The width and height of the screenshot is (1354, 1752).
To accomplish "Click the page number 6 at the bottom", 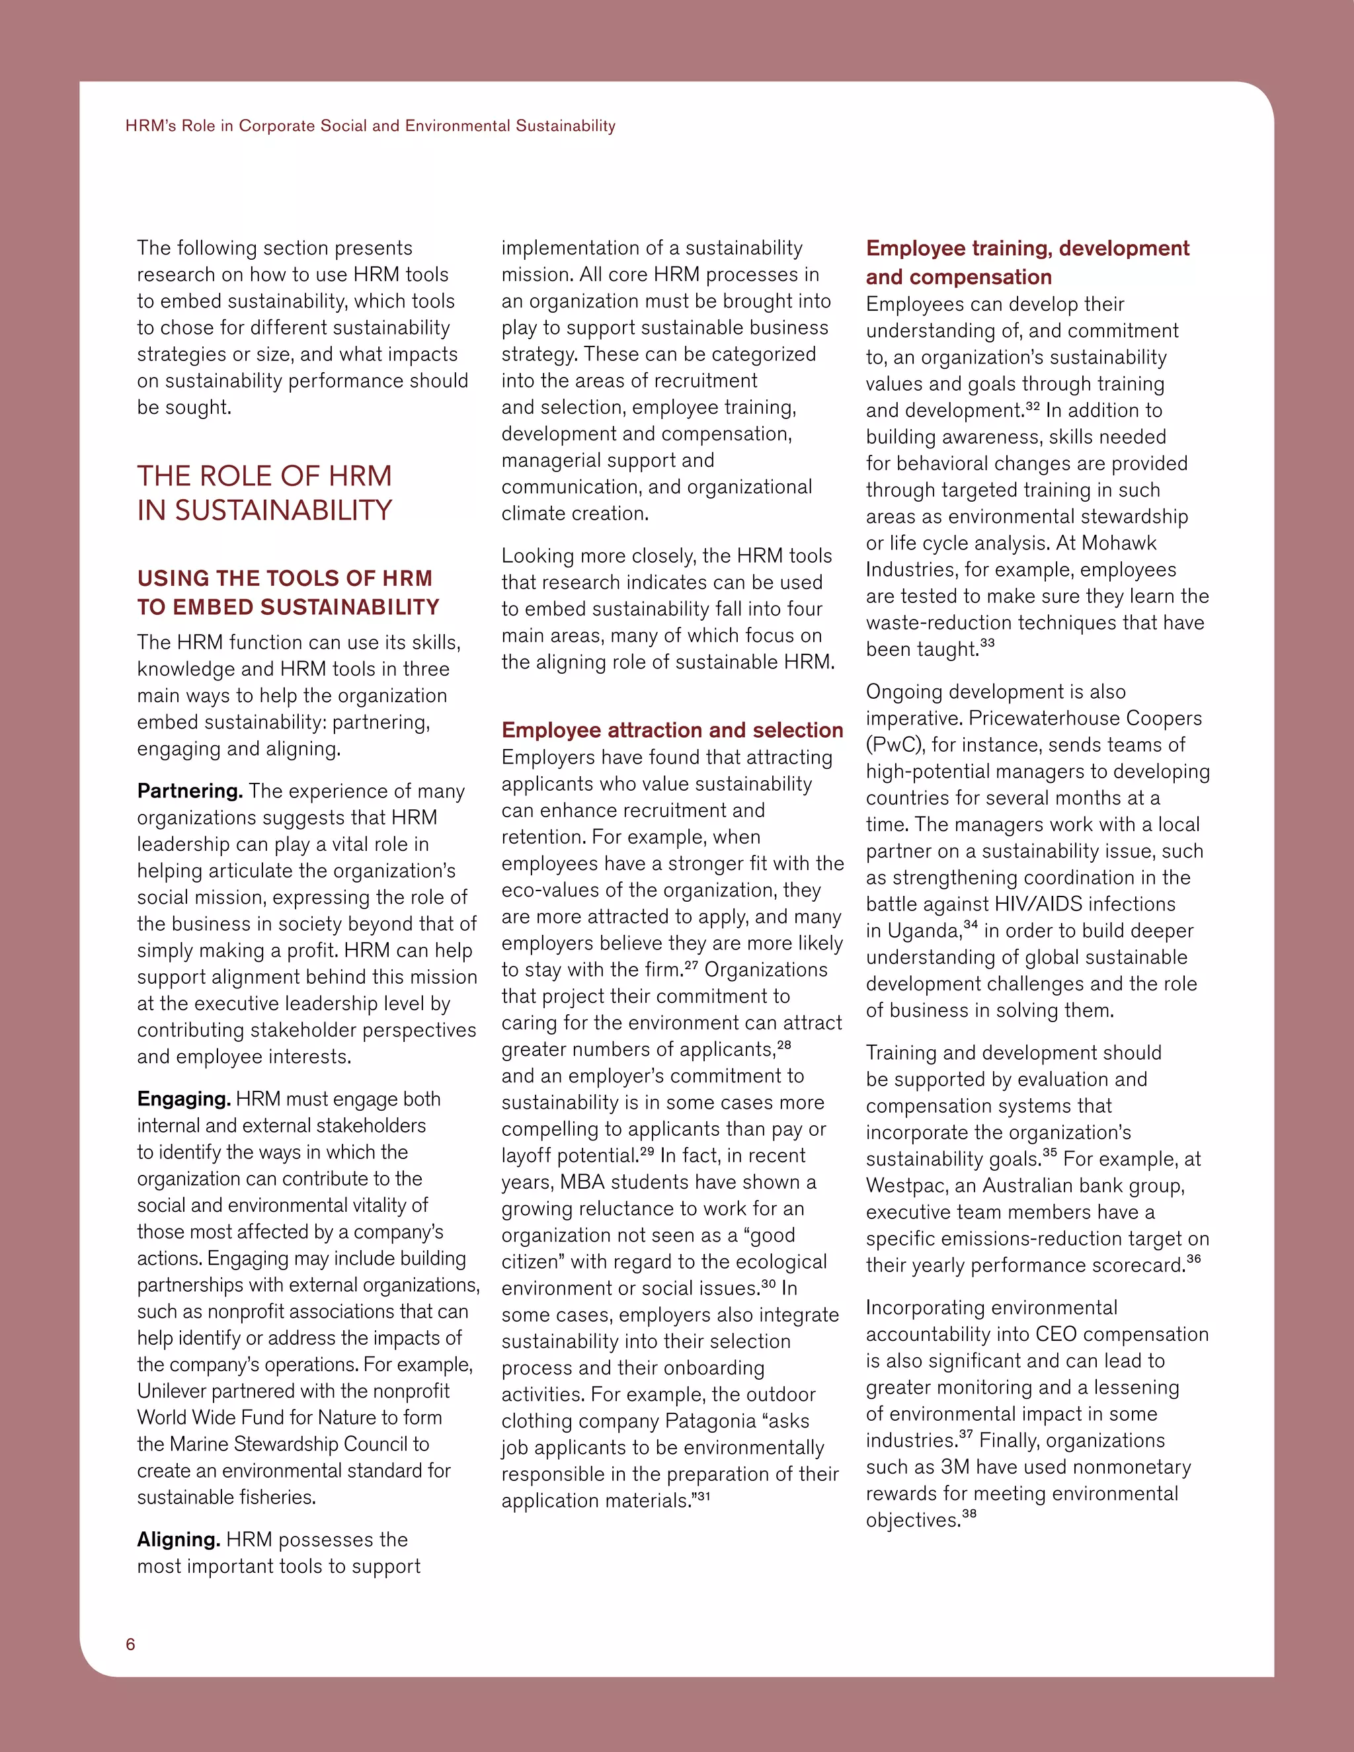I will (x=131, y=1644).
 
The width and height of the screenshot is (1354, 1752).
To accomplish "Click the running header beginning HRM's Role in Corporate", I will (x=370, y=126).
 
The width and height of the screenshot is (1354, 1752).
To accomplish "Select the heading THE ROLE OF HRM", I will (x=264, y=477).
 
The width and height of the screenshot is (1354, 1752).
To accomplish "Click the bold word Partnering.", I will (x=189, y=791).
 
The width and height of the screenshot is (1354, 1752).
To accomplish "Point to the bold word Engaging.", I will (x=184, y=1099).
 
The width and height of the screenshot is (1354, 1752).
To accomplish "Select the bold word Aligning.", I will (x=178, y=1539).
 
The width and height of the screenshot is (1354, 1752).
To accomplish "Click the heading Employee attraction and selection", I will (x=672, y=730).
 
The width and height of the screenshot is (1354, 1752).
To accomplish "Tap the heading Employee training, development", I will (x=1027, y=249).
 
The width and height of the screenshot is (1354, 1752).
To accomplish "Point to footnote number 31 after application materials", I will (x=703, y=1495).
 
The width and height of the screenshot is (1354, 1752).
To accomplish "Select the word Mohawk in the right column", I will (x=1119, y=543).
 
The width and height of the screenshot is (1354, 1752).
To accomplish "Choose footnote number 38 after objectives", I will (x=969, y=1515).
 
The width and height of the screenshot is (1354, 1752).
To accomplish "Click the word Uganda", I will (x=923, y=932).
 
